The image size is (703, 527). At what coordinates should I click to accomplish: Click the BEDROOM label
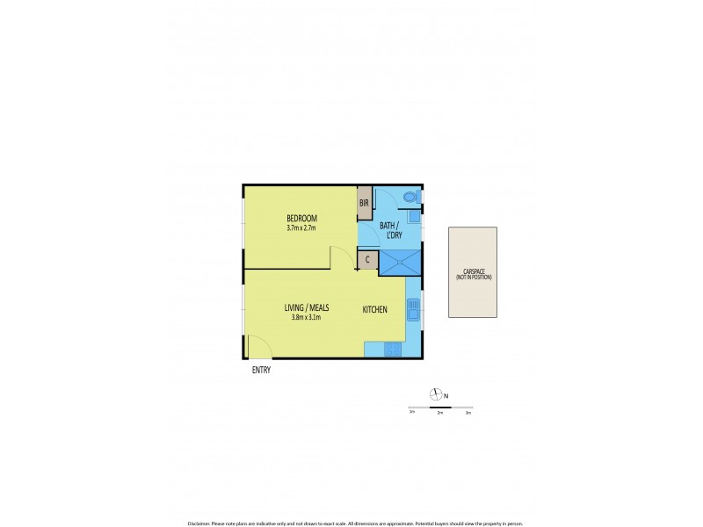click(301, 218)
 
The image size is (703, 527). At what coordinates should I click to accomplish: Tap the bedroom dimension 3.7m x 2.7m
click(301, 228)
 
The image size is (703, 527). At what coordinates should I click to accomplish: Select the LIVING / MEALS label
click(306, 307)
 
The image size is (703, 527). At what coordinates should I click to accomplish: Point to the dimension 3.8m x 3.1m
click(306, 317)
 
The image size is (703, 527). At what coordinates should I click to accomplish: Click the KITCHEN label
click(375, 309)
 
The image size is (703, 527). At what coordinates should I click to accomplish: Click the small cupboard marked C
click(367, 260)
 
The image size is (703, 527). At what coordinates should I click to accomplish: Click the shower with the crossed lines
click(400, 263)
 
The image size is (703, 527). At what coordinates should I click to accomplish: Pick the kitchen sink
click(412, 309)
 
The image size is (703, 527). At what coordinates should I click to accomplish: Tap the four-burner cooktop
click(393, 349)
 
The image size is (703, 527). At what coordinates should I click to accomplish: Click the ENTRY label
click(261, 370)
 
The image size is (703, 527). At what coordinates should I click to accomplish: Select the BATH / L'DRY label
click(392, 230)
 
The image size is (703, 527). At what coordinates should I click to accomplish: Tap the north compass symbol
click(434, 394)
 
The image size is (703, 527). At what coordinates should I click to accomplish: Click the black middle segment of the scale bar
click(439, 408)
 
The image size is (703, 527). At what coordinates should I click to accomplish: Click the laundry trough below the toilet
click(413, 216)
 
